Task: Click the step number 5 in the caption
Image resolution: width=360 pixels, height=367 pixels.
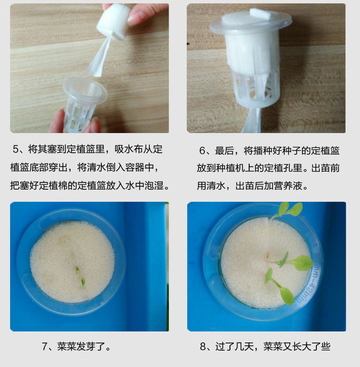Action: pos(16,150)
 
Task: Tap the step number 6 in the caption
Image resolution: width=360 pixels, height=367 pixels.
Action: pos(203,151)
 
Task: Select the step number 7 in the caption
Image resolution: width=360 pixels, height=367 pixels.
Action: pos(46,346)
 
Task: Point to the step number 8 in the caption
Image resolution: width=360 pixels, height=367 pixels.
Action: pos(204,346)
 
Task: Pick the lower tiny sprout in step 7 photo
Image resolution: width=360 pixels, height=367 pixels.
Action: pos(83,282)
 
